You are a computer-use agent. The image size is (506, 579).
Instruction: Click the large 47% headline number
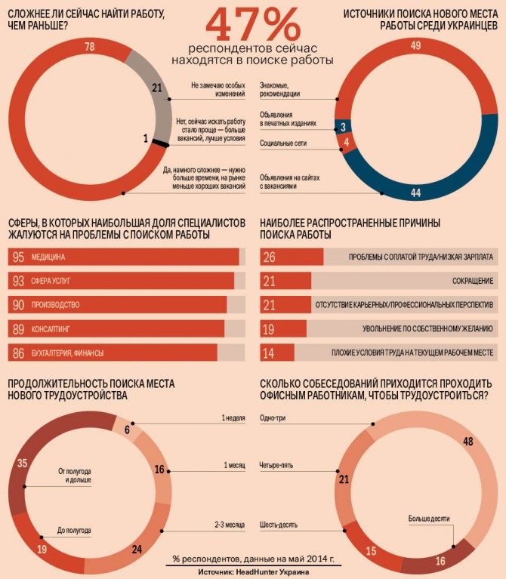point(253,25)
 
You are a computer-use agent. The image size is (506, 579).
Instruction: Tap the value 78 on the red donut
point(89,48)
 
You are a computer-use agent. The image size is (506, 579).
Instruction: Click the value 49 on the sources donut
point(415,47)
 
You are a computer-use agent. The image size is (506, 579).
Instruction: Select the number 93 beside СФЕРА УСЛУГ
point(19,281)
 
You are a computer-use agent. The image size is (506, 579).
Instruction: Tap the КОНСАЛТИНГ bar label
point(50,329)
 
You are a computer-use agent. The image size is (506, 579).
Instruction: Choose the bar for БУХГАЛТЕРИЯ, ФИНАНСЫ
point(113,353)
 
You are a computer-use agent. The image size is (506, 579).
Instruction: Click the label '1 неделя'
point(233,417)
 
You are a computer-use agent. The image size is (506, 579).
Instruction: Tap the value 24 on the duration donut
point(137,549)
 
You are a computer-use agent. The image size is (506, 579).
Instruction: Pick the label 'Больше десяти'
point(429,519)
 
